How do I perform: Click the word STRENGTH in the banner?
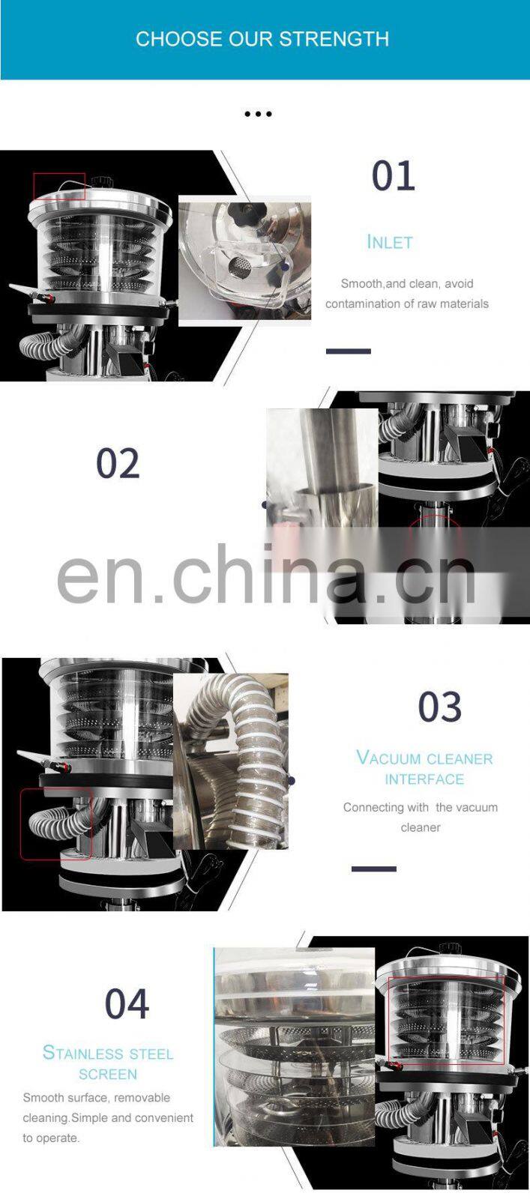coord(334,39)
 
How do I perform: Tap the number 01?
coord(394,175)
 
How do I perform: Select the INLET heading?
coord(390,242)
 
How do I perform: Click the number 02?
coord(118,464)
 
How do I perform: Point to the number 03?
coord(439,707)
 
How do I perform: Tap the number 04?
coord(127,1003)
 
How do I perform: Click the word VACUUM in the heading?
coord(388,758)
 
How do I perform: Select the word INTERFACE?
coord(424,779)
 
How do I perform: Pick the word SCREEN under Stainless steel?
coord(108,1074)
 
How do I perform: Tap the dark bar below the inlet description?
coord(349,351)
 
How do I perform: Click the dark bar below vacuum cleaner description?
coord(373,869)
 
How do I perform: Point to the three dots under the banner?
coord(258,113)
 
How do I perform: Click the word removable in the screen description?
coord(142,1098)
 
